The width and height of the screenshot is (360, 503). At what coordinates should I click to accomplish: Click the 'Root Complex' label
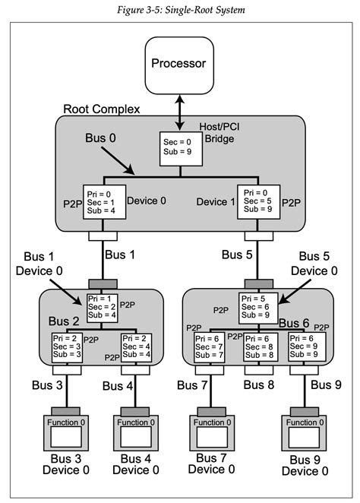click(x=101, y=109)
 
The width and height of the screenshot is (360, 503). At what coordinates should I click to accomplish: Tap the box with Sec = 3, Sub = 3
click(x=66, y=346)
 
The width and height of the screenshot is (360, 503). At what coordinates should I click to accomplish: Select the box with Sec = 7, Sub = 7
click(x=211, y=346)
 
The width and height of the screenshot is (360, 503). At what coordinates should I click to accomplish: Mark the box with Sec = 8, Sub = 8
click(x=258, y=346)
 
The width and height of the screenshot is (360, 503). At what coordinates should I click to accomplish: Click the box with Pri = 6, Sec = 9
click(x=308, y=346)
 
